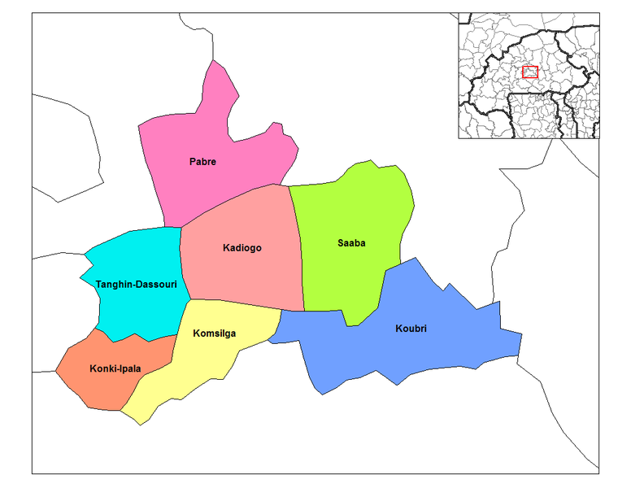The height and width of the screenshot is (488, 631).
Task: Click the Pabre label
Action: (202, 162)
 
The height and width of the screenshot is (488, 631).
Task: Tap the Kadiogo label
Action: (242, 247)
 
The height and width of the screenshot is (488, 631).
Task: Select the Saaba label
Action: (351, 242)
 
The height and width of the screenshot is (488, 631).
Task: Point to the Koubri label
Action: (411, 329)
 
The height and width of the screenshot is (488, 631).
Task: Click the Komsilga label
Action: (215, 333)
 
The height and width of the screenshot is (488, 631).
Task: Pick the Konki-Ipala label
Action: (115, 368)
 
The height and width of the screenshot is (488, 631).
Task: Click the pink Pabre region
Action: (220, 130)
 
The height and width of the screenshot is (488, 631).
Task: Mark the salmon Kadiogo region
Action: (244, 277)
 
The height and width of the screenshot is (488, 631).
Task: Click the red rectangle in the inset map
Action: (530, 72)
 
